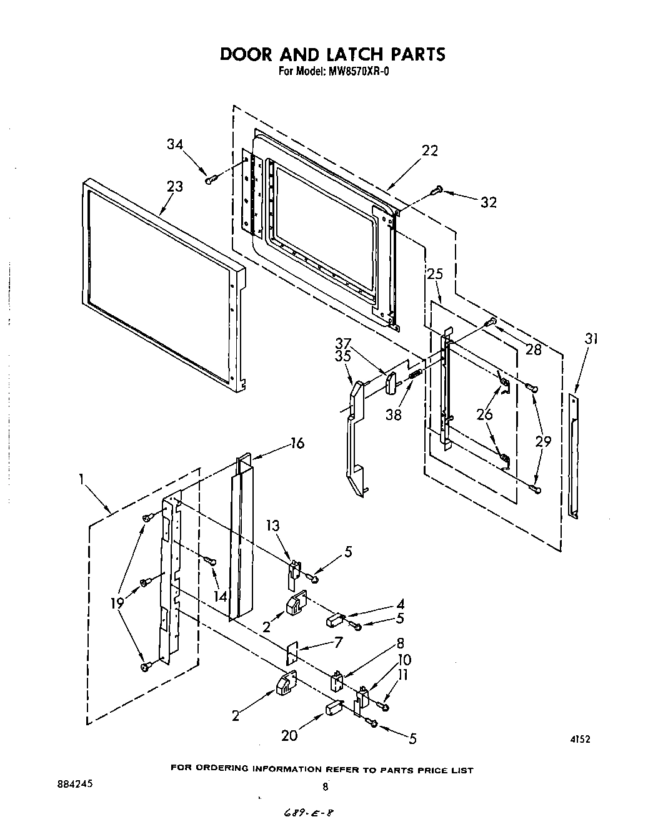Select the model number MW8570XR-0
point(358,71)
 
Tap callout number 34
point(175,144)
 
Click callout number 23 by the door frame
point(175,186)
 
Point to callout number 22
point(430,150)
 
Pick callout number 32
point(489,202)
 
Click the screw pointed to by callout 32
point(438,189)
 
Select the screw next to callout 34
point(211,180)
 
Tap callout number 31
point(591,339)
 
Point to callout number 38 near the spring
point(393,414)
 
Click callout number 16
point(297,443)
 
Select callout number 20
point(289,736)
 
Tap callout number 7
point(338,641)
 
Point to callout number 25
point(435,273)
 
